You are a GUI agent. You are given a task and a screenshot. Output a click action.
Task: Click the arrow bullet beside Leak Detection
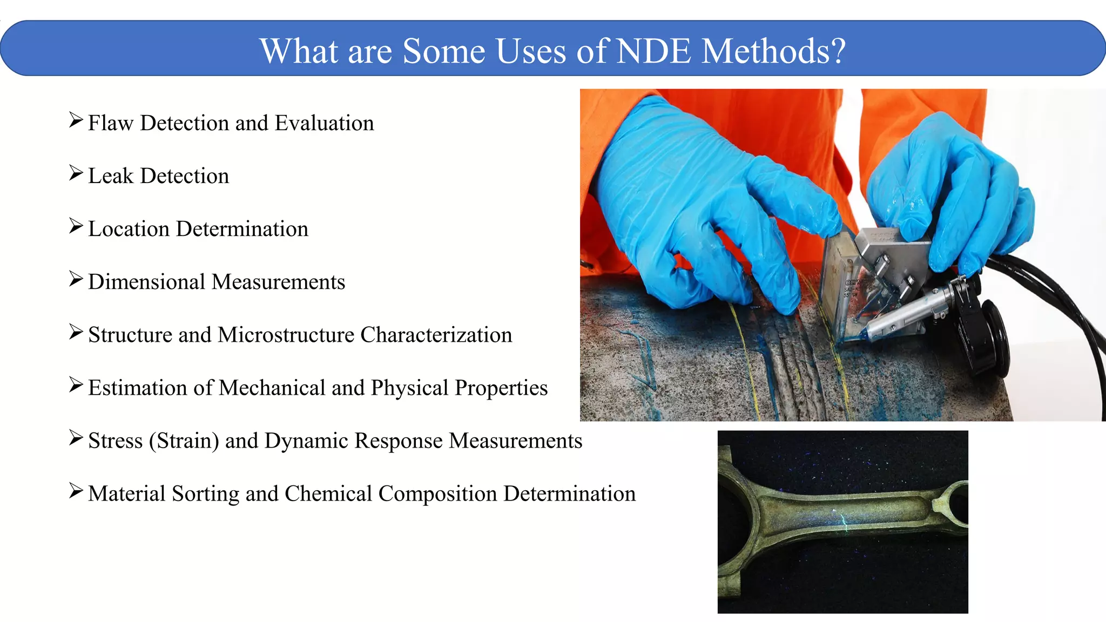click(x=76, y=173)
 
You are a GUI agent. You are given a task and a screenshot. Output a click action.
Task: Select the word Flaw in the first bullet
click(x=110, y=123)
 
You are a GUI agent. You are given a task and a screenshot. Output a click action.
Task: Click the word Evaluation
click(x=324, y=123)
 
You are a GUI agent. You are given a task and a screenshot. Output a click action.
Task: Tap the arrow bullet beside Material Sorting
click(x=76, y=491)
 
